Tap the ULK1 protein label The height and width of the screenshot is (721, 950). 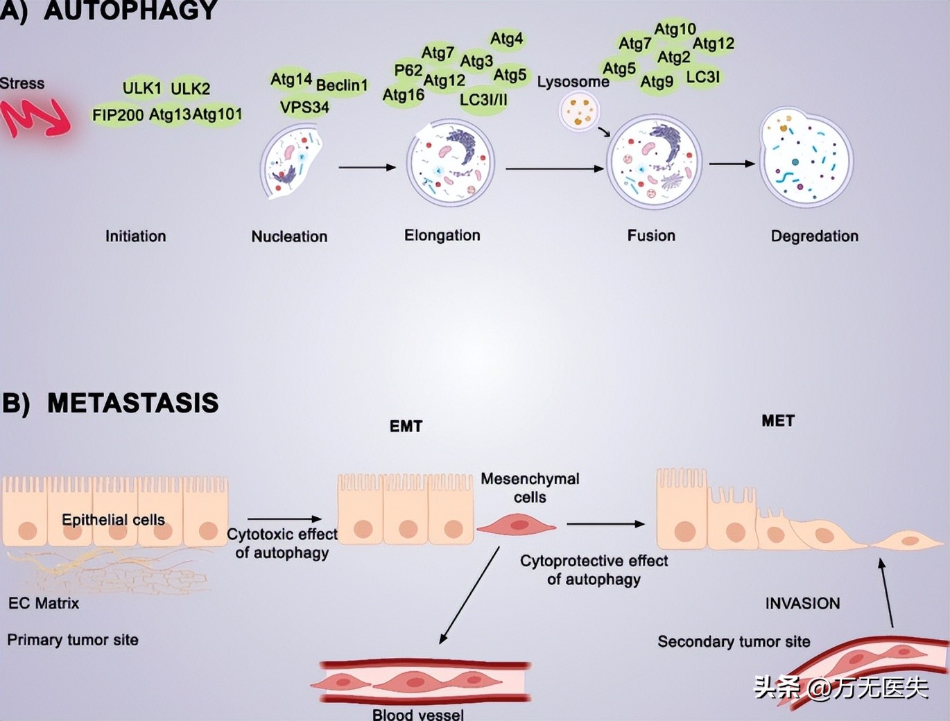(142, 88)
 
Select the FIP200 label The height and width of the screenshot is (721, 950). (118, 114)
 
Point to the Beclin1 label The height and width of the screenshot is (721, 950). (342, 85)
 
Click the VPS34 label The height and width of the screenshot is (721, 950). (304, 107)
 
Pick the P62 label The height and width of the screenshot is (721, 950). (408, 70)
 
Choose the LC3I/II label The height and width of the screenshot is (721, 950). (483, 100)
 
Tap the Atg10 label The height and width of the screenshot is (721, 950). (675, 29)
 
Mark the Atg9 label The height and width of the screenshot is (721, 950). (656, 82)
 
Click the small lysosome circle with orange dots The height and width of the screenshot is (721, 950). (579, 112)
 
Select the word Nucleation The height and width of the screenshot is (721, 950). (289, 236)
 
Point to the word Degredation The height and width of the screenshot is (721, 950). (814, 236)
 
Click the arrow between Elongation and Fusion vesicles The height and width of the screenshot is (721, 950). (554, 168)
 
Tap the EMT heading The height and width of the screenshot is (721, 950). (406, 426)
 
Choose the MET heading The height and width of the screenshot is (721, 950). (778, 421)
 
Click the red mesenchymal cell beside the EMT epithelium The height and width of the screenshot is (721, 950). (517, 525)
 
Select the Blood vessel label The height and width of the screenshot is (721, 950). (418, 714)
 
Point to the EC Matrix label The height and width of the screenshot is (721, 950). (44, 603)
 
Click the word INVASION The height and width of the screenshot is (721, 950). (802, 603)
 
